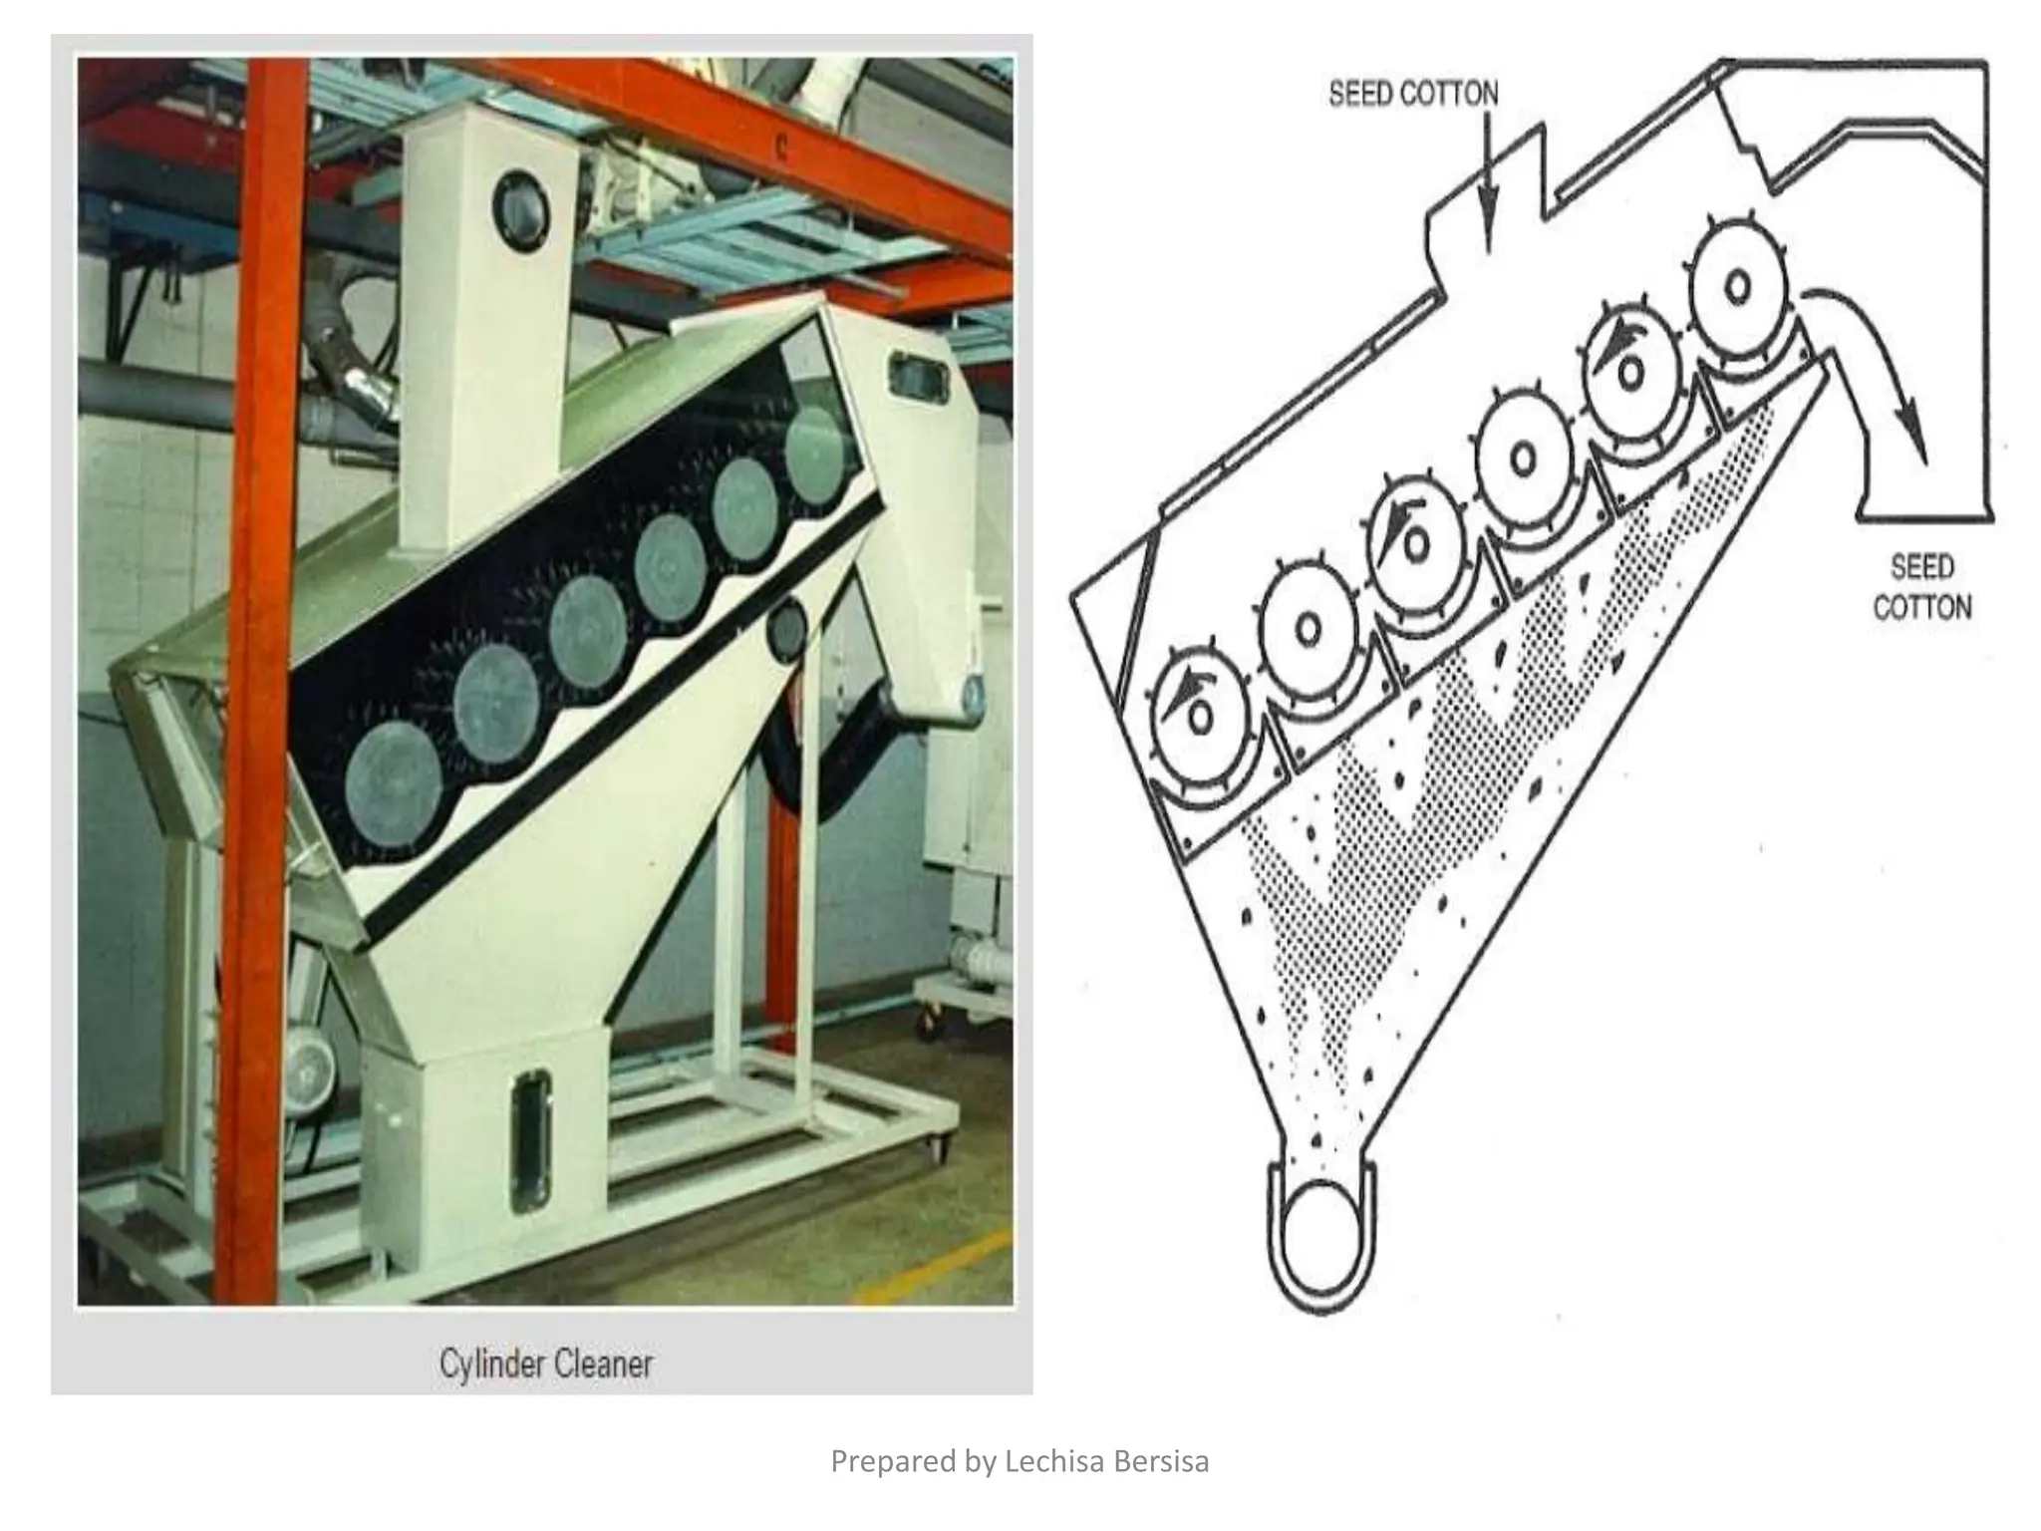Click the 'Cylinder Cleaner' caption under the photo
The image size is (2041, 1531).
point(546,1363)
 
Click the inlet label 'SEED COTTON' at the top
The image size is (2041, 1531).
point(1413,94)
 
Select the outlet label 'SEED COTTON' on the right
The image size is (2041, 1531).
point(1921,587)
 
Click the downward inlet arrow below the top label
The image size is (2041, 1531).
point(1487,189)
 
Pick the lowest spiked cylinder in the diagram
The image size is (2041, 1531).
point(1199,714)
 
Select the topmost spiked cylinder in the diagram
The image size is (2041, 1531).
point(1736,288)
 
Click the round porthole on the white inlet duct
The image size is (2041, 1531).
point(521,211)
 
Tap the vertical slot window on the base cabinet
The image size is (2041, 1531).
point(530,1141)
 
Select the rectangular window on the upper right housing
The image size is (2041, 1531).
point(918,378)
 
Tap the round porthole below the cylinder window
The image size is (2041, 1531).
point(787,629)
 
